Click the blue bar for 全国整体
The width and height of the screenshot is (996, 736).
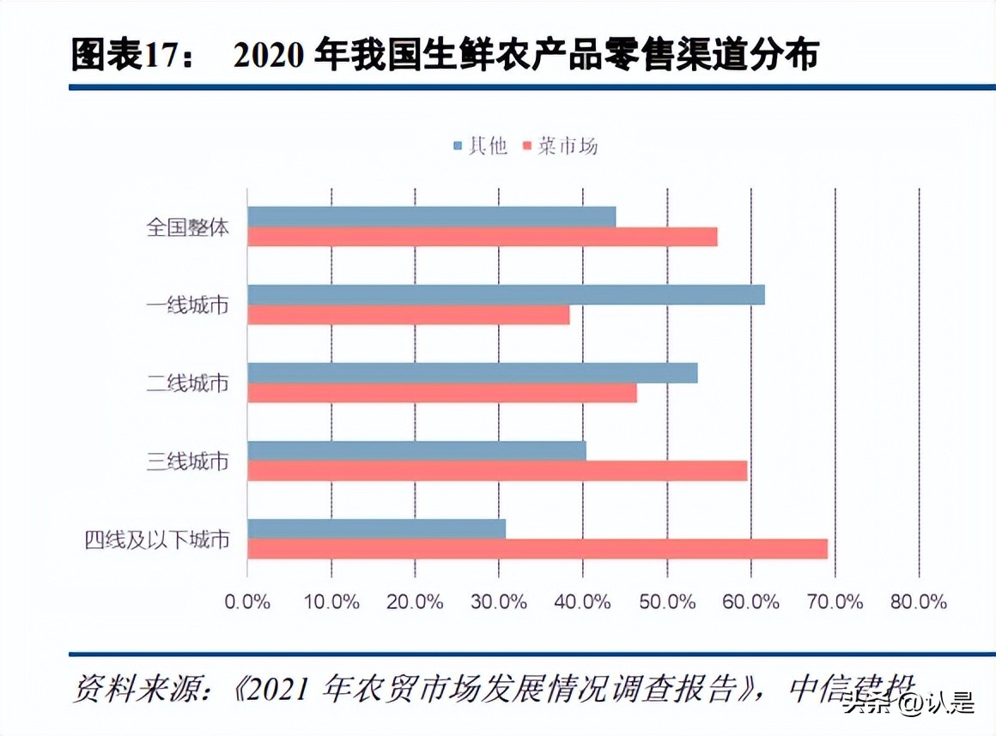tap(432, 217)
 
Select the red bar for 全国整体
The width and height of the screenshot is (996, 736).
tap(483, 237)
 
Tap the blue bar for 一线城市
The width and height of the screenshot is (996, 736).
tap(506, 295)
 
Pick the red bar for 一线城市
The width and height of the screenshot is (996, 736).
tap(409, 315)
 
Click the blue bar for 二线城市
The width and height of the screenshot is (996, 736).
tap(472, 373)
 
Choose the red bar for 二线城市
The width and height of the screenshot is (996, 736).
tap(442, 393)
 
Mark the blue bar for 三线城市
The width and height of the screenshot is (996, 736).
tap(416, 450)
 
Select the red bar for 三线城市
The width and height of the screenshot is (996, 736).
tap(497, 471)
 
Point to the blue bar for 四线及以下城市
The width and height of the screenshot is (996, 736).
tap(376, 528)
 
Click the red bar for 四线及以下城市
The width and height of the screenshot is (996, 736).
tap(537, 549)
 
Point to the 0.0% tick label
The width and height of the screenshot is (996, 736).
tap(247, 601)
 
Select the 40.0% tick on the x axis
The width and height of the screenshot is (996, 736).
tap(583, 601)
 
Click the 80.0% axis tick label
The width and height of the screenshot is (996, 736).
tap(919, 601)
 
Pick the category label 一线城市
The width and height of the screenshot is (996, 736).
tap(187, 305)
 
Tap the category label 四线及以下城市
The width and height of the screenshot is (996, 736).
tap(157, 540)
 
